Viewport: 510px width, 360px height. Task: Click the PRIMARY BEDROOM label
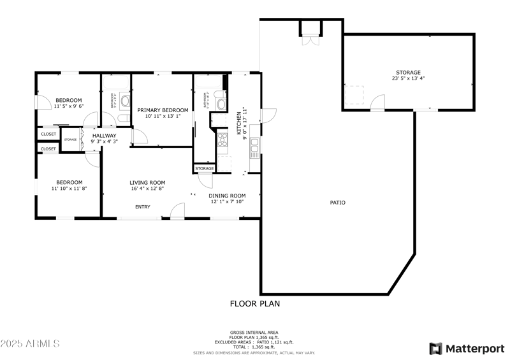click(x=163, y=110)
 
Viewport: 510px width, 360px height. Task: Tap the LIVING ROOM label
click(x=147, y=182)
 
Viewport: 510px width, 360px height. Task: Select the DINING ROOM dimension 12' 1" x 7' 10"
click(x=228, y=202)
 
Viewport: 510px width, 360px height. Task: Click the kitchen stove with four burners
click(x=223, y=138)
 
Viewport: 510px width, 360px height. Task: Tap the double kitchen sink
click(x=254, y=148)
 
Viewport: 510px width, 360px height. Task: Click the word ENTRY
click(x=142, y=207)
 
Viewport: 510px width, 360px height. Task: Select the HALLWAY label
click(x=104, y=136)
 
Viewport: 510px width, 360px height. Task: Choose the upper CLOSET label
click(x=48, y=134)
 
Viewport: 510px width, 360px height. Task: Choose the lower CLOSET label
click(x=48, y=148)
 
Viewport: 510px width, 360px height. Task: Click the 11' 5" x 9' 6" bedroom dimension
click(x=68, y=107)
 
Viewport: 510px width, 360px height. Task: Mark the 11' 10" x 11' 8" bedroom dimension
click(x=68, y=189)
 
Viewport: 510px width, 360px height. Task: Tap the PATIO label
click(x=337, y=203)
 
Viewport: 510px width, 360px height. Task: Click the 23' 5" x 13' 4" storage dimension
click(x=408, y=79)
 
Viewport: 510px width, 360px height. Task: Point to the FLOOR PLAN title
click(x=254, y=304)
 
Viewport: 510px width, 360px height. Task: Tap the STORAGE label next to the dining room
click(x=205, y=168)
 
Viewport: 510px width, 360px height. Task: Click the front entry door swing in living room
click(x=178, y=211)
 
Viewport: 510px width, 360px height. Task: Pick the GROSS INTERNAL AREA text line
click(x=254, y=332)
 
